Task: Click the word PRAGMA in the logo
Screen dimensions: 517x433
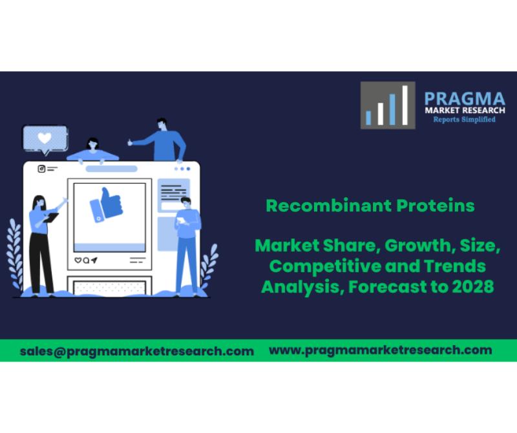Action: tap(465, 99)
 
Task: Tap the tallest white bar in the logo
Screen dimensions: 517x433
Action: tap(405, 105)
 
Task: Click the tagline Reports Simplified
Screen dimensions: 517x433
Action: tap(464, 120)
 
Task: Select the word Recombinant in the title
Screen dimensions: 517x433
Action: tap(328, 206)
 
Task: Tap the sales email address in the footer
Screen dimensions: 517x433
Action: tap(137, 351)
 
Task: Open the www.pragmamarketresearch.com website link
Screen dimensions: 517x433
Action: tap(381, 350)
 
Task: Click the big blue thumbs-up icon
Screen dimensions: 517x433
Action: tap(107, 205)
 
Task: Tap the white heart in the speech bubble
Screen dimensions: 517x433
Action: tap(45, 138)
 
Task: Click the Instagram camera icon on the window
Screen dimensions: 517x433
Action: tap(41, 169)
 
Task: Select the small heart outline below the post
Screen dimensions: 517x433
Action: tap(78, 260)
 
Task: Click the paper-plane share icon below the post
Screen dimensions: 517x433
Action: tap(94, 260)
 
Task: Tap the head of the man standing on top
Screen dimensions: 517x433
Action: tap(162, 124)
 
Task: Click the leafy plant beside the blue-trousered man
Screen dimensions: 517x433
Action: tap(209, 264)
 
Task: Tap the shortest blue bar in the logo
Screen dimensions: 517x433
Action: tap(368, 118)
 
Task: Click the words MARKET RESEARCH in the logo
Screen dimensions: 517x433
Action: tap(465, 110)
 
